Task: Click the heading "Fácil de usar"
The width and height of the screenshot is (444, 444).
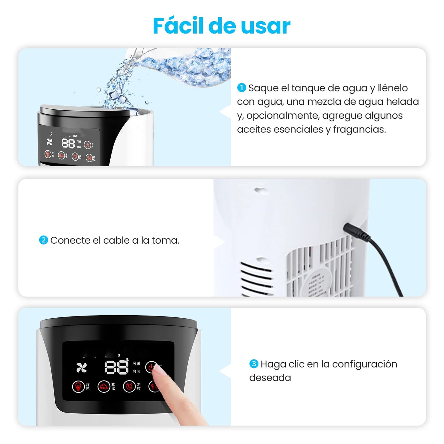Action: click(222, 26)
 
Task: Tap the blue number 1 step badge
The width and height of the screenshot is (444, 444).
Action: click(242, 88)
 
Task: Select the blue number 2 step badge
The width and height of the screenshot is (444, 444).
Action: click(43, 240)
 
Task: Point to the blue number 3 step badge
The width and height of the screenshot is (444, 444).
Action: click(253, 364)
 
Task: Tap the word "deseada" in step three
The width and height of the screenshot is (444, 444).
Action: click(270, 378)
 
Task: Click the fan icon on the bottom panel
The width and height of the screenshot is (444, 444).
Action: click(81, 367)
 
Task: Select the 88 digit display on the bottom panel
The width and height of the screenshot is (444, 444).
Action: click(116, 367)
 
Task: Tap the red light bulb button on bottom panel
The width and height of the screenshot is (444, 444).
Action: click(78, 386)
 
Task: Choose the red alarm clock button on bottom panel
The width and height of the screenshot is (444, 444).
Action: click(129, 386)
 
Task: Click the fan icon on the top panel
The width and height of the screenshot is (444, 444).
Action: click(49, 142)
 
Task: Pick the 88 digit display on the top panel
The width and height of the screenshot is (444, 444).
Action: click(68, 143)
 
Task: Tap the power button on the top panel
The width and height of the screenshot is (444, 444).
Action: click(87, 145)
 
